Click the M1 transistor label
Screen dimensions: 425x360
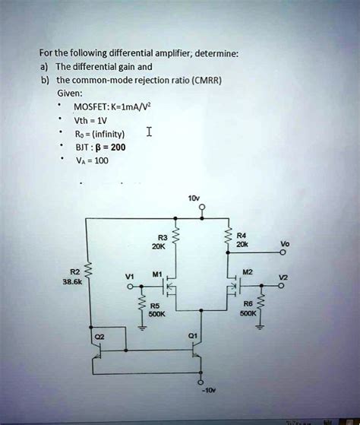click(157, 274)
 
